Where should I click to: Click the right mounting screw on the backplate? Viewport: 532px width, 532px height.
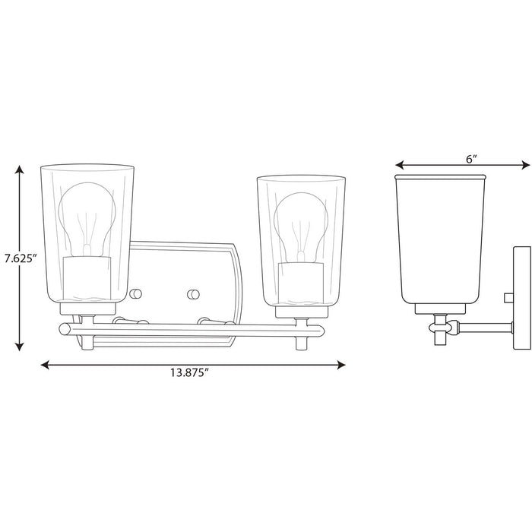click(192, 293)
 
